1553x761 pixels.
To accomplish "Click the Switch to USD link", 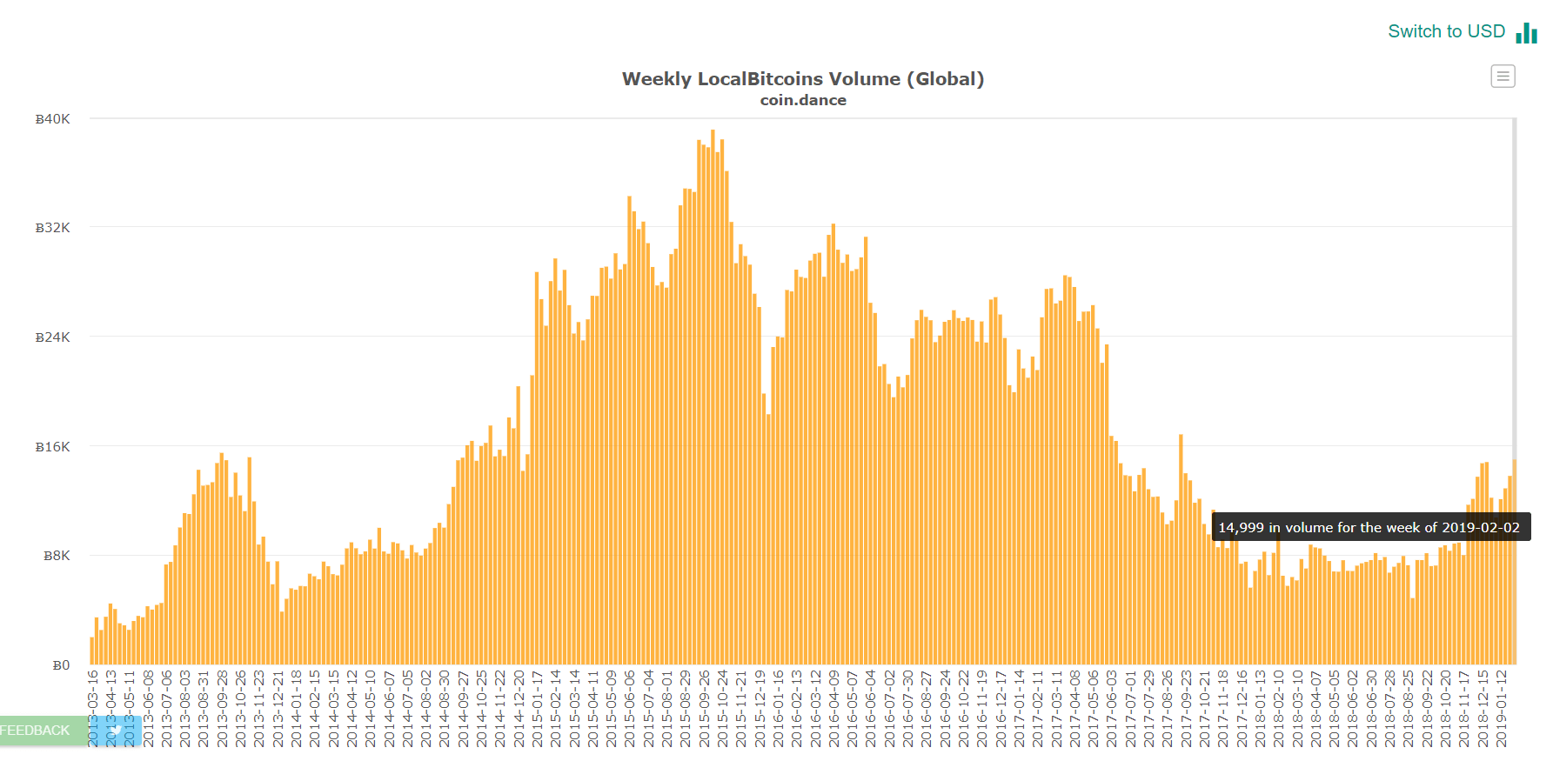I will [1446, 31].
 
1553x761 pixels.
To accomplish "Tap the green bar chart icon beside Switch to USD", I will [1526, 33].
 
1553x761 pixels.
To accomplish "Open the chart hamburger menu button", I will [1503, 77].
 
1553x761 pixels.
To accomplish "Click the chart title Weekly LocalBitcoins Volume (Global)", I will [802, 79].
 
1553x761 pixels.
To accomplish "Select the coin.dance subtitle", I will [802, 100].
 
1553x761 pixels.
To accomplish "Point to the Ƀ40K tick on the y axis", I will [52, 119].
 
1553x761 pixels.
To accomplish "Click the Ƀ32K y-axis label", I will [52, 228].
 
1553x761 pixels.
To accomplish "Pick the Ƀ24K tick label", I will [52, 337].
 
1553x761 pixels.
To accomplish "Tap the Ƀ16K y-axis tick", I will [52, 447].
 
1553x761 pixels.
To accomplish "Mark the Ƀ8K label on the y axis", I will [57, 556].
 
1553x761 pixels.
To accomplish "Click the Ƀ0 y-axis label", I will [61, 665].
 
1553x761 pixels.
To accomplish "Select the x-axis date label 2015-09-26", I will [705, 708].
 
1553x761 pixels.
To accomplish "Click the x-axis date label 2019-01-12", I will [1502, 708].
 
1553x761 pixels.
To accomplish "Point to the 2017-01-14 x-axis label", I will [1020, 708].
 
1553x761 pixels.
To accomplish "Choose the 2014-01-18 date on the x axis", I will [297, 708].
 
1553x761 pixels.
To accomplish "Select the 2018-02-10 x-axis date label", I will [1279, 708].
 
